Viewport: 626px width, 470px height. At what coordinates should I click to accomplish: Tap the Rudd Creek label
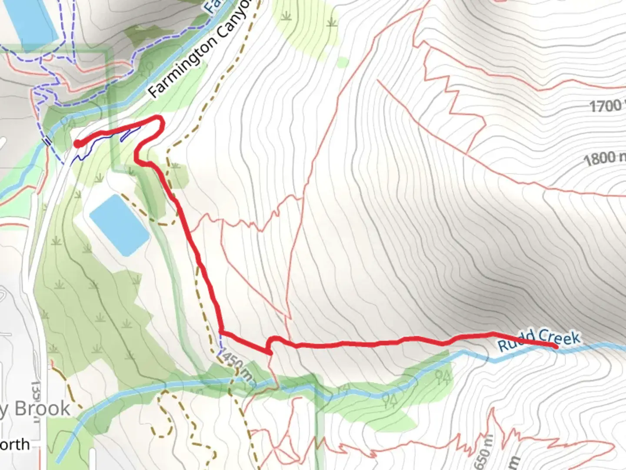coord(539,340)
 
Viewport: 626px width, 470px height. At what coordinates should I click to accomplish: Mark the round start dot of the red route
coord(77,144)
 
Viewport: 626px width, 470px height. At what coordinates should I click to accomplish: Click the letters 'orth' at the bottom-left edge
coord(15,445)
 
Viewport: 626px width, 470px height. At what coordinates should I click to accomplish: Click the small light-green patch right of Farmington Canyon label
coord(342,63)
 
